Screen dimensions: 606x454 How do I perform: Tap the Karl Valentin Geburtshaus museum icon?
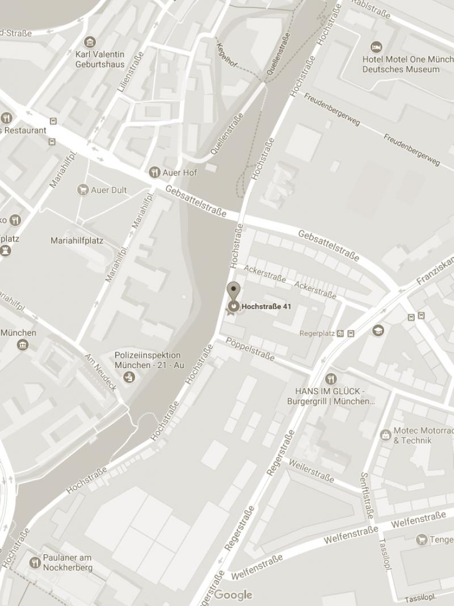pyautogui.click(x=89, y=42)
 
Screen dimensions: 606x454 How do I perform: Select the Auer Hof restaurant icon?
pyautogui.click(x=154, y=173)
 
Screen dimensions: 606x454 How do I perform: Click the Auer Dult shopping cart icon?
pyautogui.click(x=83, y=190)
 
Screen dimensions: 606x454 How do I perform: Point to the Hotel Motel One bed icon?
pyautogui.click(x=376, y=47)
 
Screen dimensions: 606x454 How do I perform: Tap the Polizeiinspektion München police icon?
pyautogui.click(x=129, y=377)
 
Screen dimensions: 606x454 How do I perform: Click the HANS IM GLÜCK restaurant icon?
pyautogui.click(x=331, y=379)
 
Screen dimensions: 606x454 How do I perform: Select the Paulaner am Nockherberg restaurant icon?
pyautogui.click(x=35, y=562)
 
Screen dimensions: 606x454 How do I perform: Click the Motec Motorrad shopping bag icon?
pyautogui.click(x=385, y=435)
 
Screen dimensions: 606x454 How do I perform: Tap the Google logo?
pyautogui.click(x=233, y=595)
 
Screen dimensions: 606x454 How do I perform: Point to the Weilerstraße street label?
pyautogui.click(x=310, y=469)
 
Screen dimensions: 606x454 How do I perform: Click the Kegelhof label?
pyautogui.click(x=226, y=55)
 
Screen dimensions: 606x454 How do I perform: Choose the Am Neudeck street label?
pyautogui.click(x=100, y=372)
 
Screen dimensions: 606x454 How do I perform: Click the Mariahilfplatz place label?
pyautogui.click(x=77, y=241)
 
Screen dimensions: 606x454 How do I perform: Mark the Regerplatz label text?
pyautogui.click(x=317, y=333)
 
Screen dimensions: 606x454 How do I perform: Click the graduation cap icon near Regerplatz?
pyautogui.click(x=378, y=331)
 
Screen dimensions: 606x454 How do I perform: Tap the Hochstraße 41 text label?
pyautogui.click(x=266, y=307)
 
